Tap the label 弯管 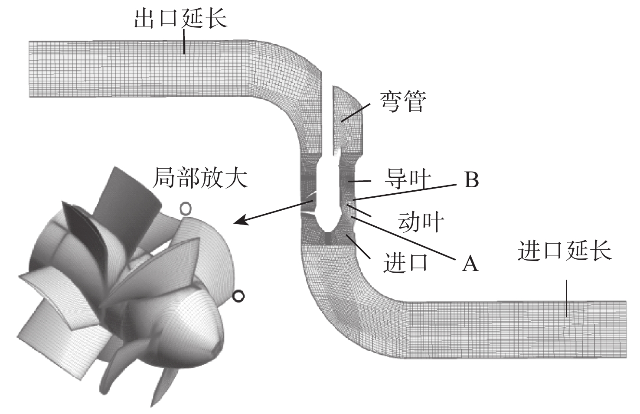pos(403,102)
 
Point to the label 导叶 pos(408,179)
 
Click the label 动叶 pos(421,222)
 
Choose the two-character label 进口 pos(405,262)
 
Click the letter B pos(471,180)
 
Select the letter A pos(470,263)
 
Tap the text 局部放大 pos(200,177)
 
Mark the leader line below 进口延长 pos(567,299)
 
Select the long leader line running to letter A pos(403,238)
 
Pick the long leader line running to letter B pos(405,192)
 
